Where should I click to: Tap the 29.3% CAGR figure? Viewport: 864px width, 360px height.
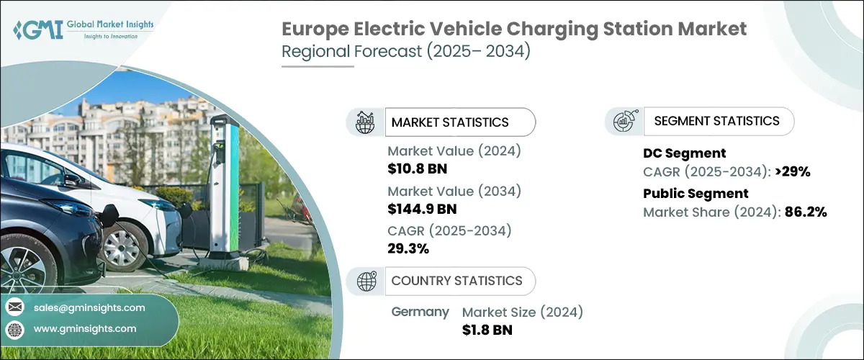tap(408, 248)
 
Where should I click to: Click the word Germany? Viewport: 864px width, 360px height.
tap(420, 312)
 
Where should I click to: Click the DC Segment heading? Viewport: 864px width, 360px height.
tap(684, 153)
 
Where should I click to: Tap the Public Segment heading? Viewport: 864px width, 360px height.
tap(696, 193)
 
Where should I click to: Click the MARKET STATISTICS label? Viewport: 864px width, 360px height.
tap(450, 122)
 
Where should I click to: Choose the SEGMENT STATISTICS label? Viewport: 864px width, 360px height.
tap(716, 121)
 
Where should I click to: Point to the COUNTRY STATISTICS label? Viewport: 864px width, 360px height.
tap(456, 281)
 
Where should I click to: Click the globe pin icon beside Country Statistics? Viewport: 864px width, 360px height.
tap(366, 282)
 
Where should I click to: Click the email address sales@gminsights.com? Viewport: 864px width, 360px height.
tap(89, 307)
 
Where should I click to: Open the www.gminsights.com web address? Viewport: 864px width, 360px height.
tap(85, 328)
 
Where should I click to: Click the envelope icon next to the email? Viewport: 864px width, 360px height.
tap(14, 307)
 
